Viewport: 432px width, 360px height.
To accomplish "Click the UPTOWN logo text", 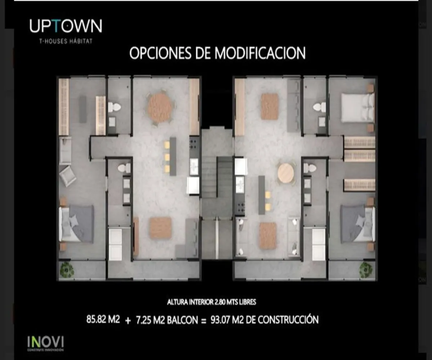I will (66, 26).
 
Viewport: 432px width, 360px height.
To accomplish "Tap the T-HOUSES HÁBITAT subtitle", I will (66, 41).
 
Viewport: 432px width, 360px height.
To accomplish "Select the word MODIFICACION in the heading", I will (260, 53).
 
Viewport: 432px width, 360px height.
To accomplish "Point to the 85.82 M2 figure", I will (103, 319).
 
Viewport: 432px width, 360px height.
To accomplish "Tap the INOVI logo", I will (45, 342).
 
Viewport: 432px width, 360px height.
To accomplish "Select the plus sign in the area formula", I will (128, 320).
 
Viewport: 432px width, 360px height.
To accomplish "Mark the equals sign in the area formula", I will (203, 320).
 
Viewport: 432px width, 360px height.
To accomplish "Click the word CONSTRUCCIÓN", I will (288, 320).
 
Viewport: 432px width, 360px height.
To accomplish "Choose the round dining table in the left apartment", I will (159, 107).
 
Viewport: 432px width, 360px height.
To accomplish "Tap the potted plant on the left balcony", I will (67, 269).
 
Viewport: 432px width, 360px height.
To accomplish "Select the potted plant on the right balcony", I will (366, 269).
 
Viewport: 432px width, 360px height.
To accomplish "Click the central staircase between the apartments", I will (217, 180).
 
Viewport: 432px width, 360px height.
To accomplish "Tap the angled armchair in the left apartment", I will (67, 176).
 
